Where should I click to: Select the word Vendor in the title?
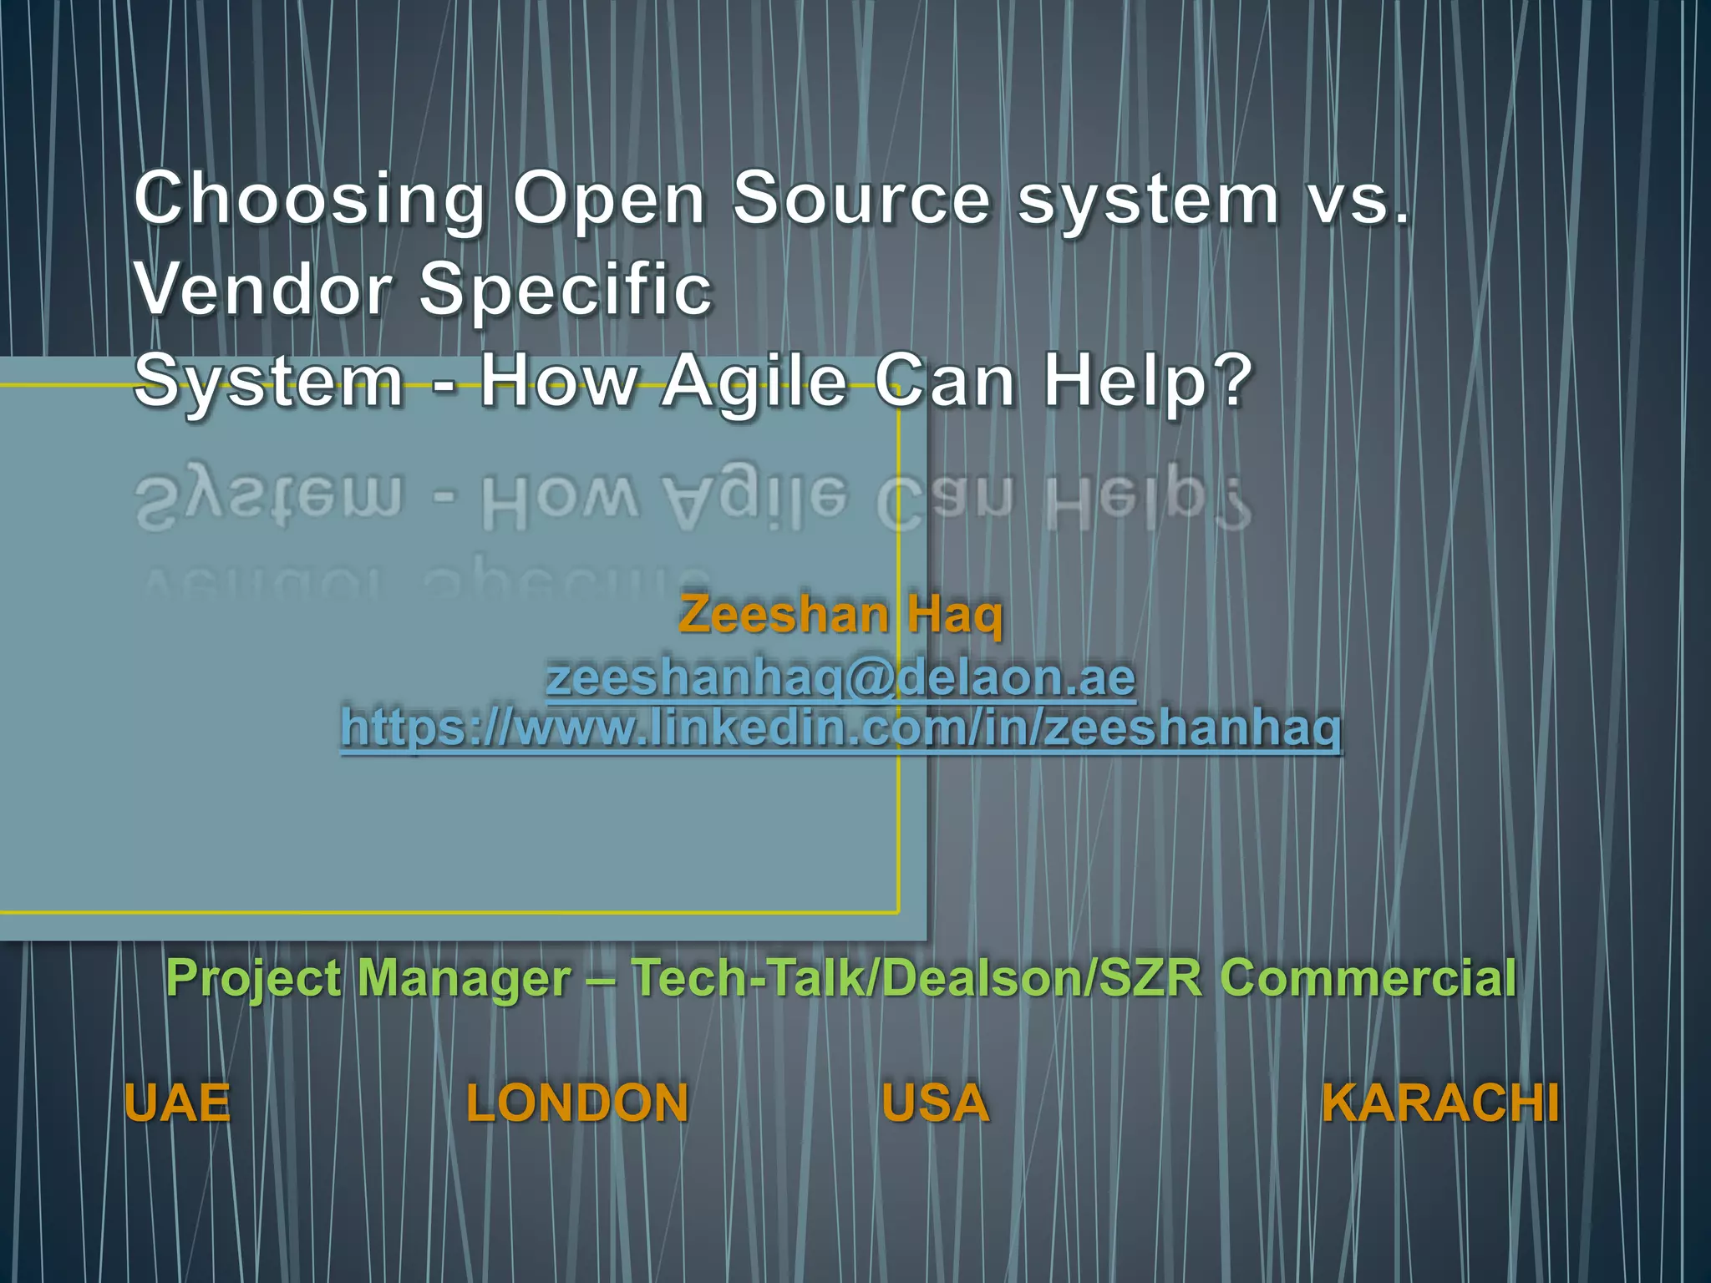pyautogui.click(x=264, y=289)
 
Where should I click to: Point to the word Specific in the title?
pyautogui.click(x=566, y=291)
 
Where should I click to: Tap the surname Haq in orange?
pyautogui.click(x=955, y=616)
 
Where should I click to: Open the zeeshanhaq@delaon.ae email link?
pyautogui.click(x=840, y=677)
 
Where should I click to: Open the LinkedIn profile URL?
pyautogui.click(x=840, y=728)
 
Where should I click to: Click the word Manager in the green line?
pyautogui.click(x=465, y=977)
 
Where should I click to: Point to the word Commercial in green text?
pyautogui.click(x=1368, y=977)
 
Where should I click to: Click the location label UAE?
pyautogui.click(x=177, y=1103)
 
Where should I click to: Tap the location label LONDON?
pyautogui.click(x=577, y=1103)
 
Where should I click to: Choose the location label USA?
pyautogui.click(x=935, y=1103)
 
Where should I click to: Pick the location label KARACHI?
pyautogui.click(x=1440, y=1103)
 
